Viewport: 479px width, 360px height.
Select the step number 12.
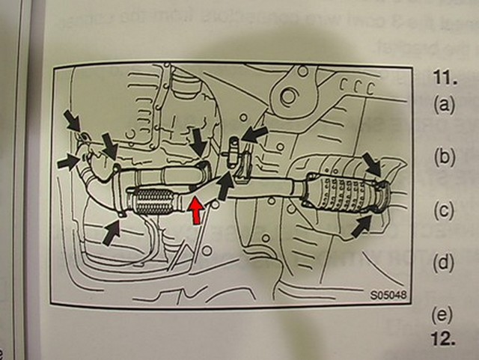coord(443,338)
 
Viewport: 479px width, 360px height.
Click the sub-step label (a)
coord(445,104)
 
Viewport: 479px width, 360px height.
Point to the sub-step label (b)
coord(445,157)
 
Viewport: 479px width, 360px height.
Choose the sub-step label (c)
coord(445,210)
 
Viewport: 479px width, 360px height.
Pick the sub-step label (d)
coord(445,263)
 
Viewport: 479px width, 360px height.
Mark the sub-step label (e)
coord(445,315)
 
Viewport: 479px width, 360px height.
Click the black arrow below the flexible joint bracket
coord(112,232)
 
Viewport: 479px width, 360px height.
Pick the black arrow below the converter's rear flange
coord(363,224)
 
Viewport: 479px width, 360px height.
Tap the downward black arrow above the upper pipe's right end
coord(198,140)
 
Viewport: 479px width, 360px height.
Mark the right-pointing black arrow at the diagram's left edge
coord(69,159)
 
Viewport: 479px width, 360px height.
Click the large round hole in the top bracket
coord(285,95)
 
